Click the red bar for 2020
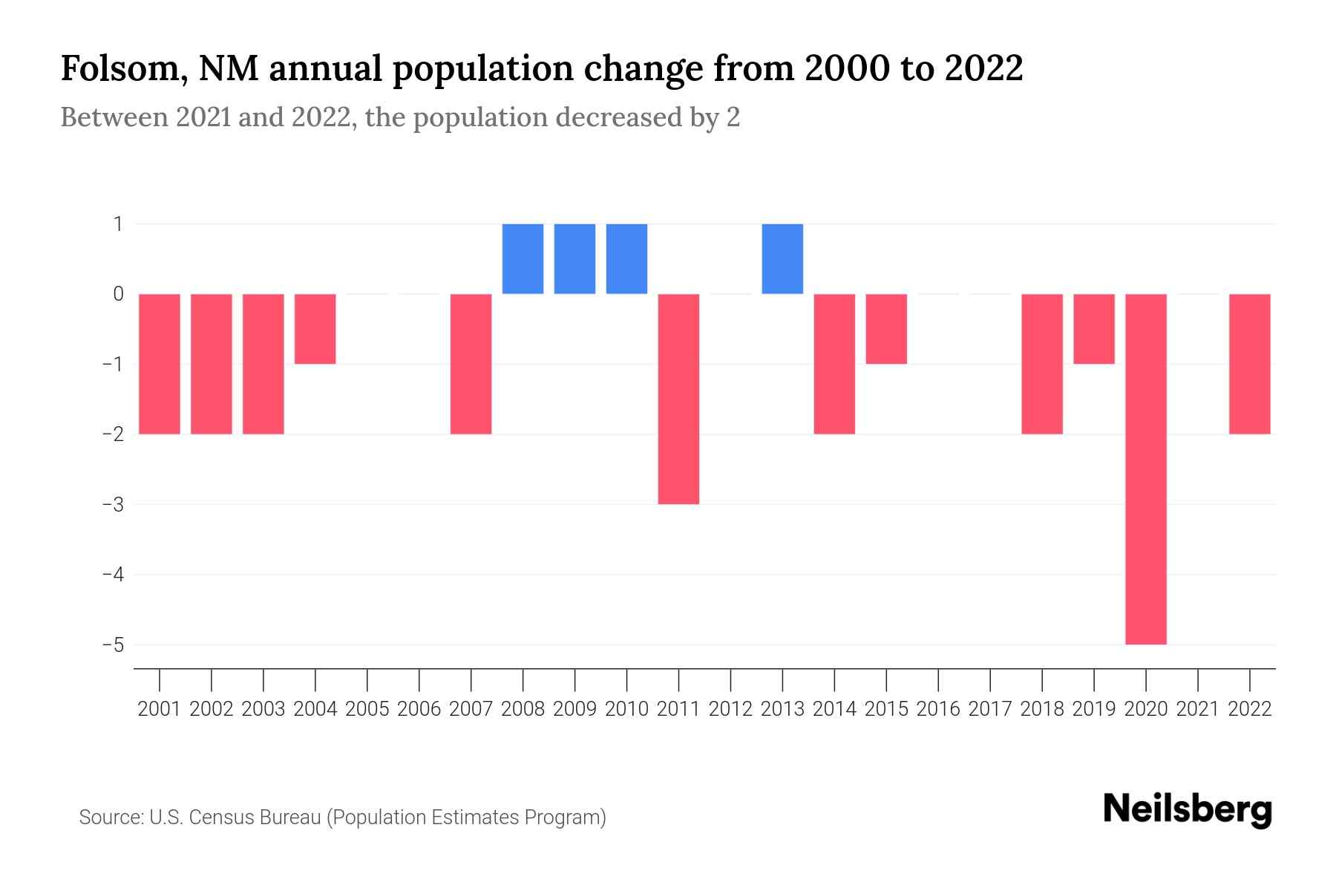(1145, 469)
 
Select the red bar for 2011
(678, 399)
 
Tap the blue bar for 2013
(782, 258)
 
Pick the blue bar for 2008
(523, 258)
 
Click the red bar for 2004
(315, 329)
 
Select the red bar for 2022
(1249, 364)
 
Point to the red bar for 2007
(471, 364)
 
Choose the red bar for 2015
(886, 329)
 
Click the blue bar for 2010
(626, 258)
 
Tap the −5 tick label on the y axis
(113, 644)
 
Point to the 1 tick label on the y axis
(118, 223)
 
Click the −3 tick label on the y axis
(113, 504)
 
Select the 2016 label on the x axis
(938, 709)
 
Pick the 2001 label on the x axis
(160, 709)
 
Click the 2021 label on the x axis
(1197, 709)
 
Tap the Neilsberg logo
(1188, 810)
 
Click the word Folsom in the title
(118, 68)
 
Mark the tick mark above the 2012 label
(730, 679)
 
